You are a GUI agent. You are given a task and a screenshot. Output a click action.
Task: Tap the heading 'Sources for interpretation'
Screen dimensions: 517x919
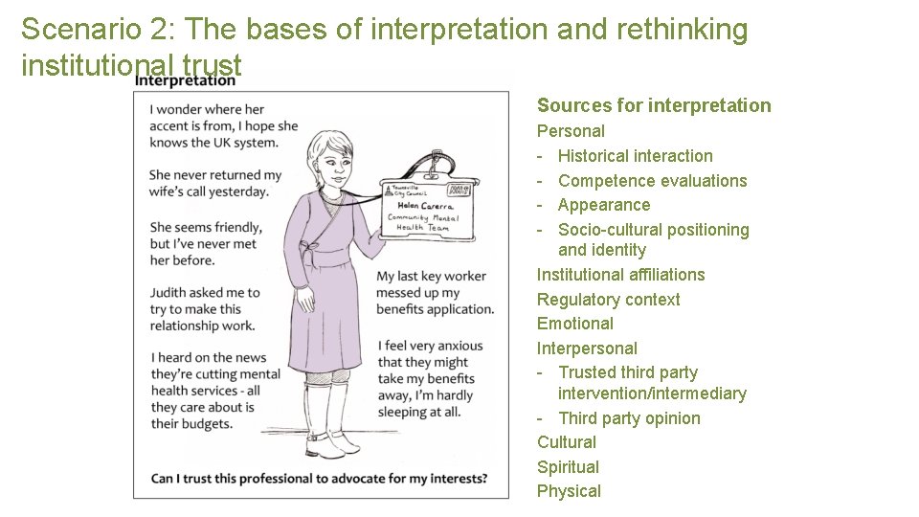[x=653, y=105]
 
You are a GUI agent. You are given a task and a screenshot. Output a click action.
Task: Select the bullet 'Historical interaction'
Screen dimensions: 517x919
[x=635, y=156]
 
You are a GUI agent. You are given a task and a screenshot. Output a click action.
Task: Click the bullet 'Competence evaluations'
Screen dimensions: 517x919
[x=652, y=181]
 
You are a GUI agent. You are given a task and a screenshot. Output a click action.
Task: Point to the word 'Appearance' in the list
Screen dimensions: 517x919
[x=603, y=205]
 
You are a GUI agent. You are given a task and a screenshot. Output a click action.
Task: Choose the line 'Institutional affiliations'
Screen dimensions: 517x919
[x=620, y=275]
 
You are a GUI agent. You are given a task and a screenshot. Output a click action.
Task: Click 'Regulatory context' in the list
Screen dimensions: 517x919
[x=608, y=300]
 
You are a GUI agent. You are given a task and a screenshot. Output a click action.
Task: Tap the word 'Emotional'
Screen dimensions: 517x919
[x=574, y=324]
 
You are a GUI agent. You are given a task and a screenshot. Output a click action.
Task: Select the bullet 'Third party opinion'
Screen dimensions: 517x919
[x=628, y=418]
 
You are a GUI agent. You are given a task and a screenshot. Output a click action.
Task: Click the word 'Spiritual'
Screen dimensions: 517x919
[x=568, y=467]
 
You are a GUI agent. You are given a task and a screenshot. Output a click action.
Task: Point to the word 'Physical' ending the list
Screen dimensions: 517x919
[x=569, y=491]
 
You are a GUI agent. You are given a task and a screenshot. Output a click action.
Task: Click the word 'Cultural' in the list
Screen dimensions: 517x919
[x=566, y=442]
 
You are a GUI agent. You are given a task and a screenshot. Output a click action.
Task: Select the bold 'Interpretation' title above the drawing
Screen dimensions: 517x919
[x=185, y=80]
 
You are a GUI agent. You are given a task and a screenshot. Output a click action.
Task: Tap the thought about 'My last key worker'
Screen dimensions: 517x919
[x=435, y=292]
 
